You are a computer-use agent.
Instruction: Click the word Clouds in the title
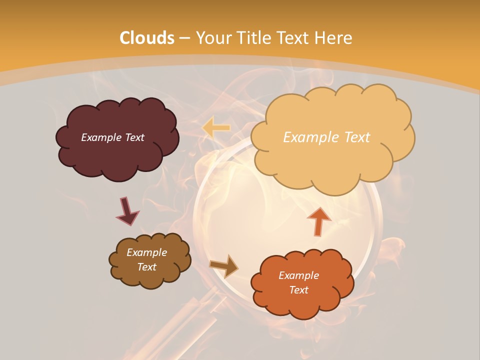(x=147, y=38)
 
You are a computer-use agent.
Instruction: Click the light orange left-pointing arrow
(x=216, y=127)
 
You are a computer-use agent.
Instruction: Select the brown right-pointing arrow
(x=224, y=265)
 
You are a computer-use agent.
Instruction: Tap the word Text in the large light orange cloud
(x=352, y=137)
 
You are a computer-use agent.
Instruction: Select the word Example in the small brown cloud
(x=147, y=252)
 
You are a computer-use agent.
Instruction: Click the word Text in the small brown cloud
(x=147, y=267)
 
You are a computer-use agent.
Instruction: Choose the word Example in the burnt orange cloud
(x=299, y=275)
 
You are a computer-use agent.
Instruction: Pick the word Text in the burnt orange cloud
(x=299, y=290)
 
